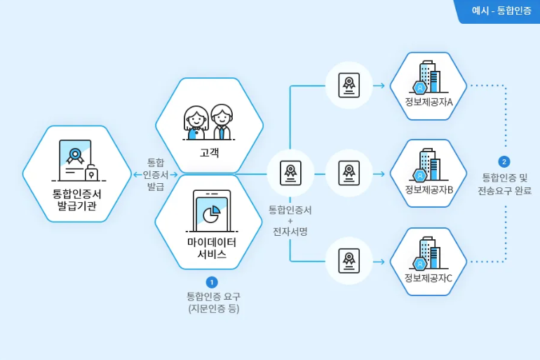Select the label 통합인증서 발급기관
coord(77,199)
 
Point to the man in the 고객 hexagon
coord(222,122)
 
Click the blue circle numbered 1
coord(212,282)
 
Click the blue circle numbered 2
coord(504,161)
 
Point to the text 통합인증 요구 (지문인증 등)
coord(213,302)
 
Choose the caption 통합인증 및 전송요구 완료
coord(504,184)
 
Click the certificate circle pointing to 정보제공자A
coord(349,86)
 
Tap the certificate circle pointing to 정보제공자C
coord(349,261)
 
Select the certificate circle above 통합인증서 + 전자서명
coord(290,173)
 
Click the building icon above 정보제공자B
coord(428,165)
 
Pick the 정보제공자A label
coord(428,102)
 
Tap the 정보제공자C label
coord(428,277)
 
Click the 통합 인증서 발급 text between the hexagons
coord(155,174)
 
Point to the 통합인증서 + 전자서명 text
coord(290,220)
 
